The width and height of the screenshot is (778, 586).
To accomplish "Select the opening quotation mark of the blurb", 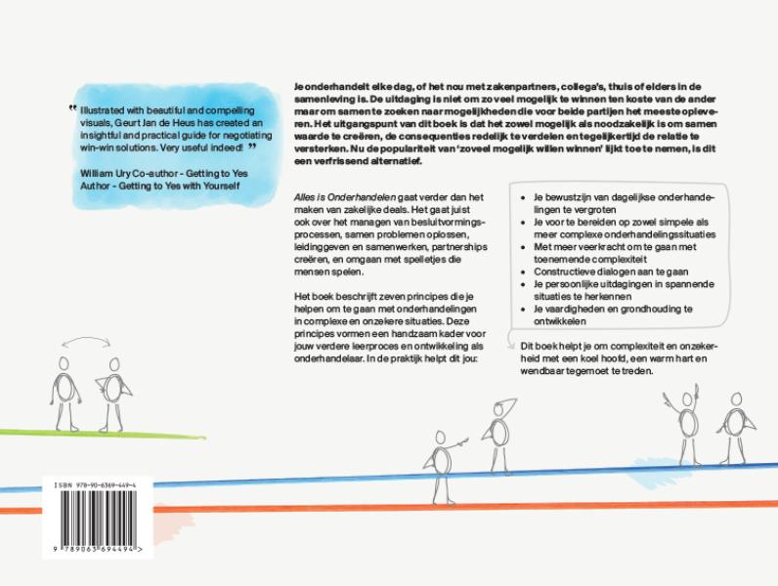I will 72,109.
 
